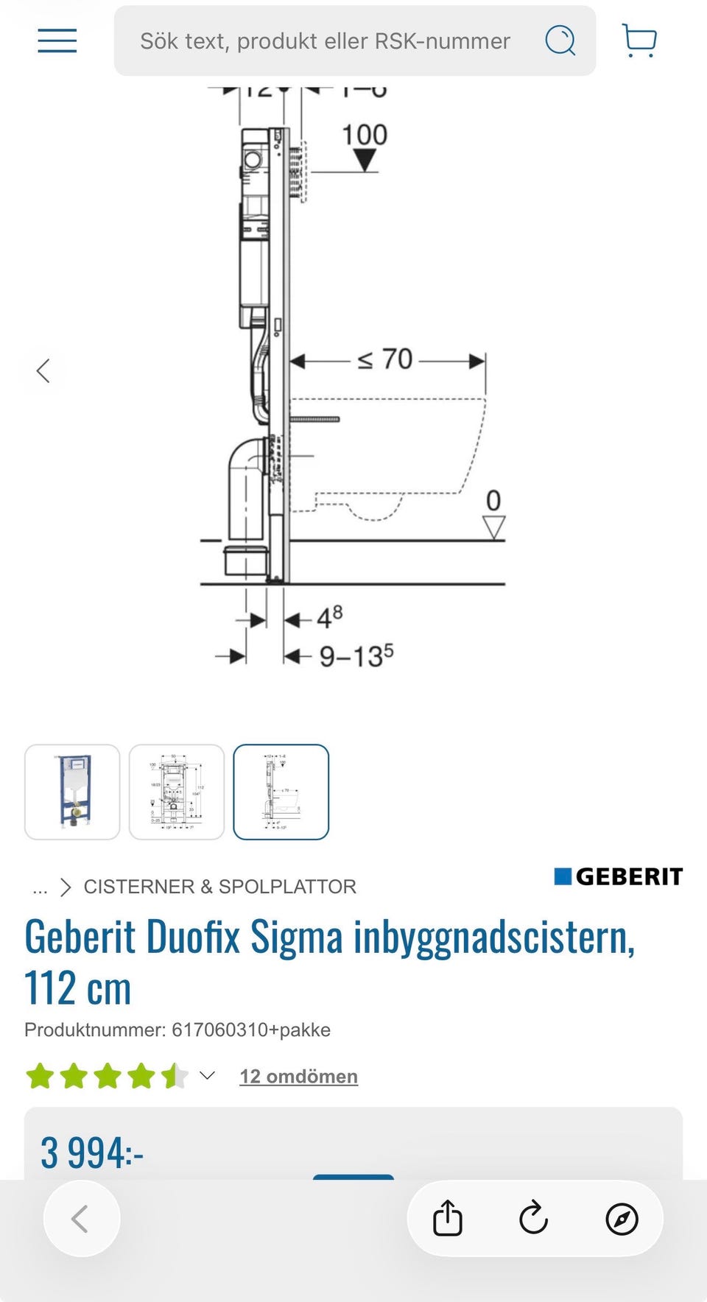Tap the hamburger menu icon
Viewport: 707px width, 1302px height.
(x=57, y=41)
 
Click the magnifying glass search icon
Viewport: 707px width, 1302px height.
(x=560, y=41)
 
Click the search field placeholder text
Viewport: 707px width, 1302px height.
(x=325, y=41)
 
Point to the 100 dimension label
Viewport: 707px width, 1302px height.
(x=365, y=136)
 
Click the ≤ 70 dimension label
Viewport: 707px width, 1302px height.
(x=385, y=359)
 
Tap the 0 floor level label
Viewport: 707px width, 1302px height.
(x=493, y=501)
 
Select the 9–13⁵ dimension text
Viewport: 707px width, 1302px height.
(x=356, y=655)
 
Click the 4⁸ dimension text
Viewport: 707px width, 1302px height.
(x=329, y=617)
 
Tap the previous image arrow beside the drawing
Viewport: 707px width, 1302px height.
(x=43, y=370)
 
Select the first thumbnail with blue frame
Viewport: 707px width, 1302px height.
(x=72, y=792)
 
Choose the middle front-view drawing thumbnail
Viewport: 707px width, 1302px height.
(x=177, y=792)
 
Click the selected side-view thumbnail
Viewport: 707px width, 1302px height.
(x=281, y=792)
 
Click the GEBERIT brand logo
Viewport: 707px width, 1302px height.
(x=619, y=876)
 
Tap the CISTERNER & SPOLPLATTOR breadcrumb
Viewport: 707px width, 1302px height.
(x=219, y=887)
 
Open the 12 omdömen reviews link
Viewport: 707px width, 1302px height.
(x=298, y=1077)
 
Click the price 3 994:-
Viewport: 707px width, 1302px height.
(x=92, y=1153)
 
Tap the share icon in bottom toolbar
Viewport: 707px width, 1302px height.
(x=447, y=1218)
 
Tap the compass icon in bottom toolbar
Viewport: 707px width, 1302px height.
(x=622, y=1219)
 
